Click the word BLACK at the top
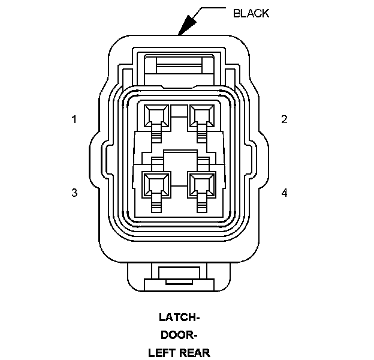[251, 13]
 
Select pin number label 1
[74, 119]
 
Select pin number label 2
[284, 119]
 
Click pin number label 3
[74, 193]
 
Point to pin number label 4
[284, 193]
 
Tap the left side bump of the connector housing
[96, 157]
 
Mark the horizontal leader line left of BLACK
[213, 8]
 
